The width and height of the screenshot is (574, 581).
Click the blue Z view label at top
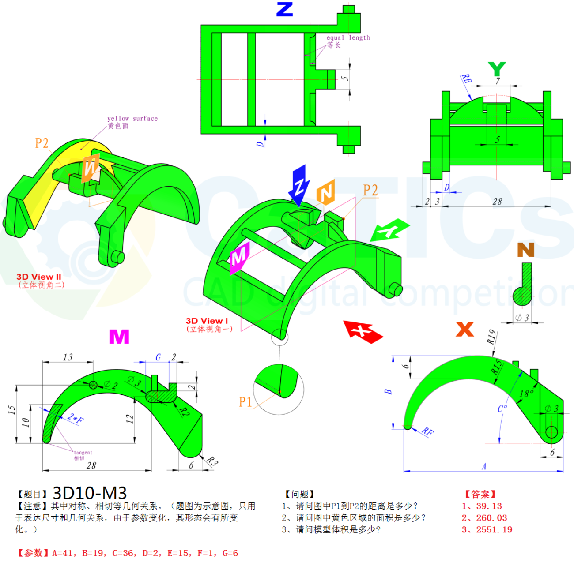point(284,9)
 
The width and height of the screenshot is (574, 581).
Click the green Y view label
point(497,69)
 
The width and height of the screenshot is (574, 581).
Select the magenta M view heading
point(119,337)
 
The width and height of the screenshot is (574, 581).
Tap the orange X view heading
point(464,329)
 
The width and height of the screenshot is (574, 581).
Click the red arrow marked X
point(363,331)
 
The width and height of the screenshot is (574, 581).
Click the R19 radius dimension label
point(491,337)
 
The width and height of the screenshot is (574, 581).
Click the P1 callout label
point(245,402)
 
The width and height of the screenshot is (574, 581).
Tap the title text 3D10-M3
point(90,493)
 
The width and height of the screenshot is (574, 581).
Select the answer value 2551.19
point(494,529)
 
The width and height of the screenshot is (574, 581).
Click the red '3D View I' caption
point(207,321)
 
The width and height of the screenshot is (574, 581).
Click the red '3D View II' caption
point(39,277)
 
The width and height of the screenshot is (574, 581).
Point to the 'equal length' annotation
point(348,38)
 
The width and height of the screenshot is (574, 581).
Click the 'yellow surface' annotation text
point(132,118)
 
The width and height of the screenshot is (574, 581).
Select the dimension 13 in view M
point(68,357)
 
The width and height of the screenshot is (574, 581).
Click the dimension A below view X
point(484,466)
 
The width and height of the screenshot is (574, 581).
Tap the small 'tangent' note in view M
point(83,452)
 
